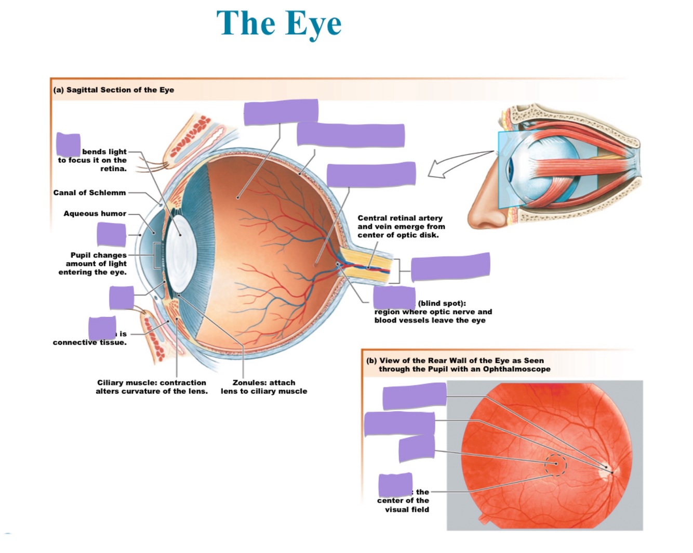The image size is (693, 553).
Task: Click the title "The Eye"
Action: (x=279, y=23)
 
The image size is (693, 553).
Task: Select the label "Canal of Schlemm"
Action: (x=89, y=192)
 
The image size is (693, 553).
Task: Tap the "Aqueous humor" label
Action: (x=95, y=213)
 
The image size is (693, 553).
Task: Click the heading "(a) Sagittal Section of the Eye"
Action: (x=113, y=90)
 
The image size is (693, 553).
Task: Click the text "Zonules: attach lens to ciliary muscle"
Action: (x=264, y=387)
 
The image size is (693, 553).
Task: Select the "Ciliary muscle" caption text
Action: (x=151, y=387)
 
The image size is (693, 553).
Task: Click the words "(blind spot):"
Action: (x=442, y=303)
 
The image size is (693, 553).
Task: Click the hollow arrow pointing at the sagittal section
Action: (x=452, y=164)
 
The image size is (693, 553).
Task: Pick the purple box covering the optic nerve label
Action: (x=450, y=266)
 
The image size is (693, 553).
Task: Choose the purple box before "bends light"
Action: (x=68, y=144)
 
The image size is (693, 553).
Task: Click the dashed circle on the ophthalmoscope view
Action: (x=555, y=465)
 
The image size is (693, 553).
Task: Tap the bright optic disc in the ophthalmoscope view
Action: (x=607, y=471)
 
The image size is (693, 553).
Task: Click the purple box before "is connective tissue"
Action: (x=102, y=328)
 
